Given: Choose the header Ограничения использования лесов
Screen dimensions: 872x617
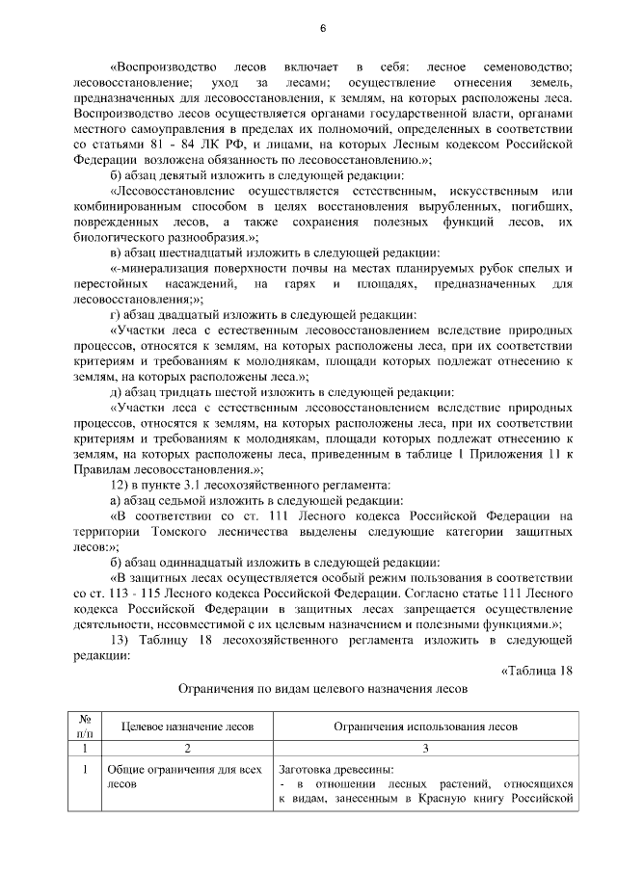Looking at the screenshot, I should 425,726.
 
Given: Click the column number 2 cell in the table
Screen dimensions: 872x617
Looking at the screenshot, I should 186,748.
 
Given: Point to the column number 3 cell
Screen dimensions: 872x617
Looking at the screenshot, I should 425,748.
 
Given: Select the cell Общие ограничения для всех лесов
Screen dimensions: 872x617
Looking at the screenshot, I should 170,777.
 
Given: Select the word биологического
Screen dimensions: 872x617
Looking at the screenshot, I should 123,236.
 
